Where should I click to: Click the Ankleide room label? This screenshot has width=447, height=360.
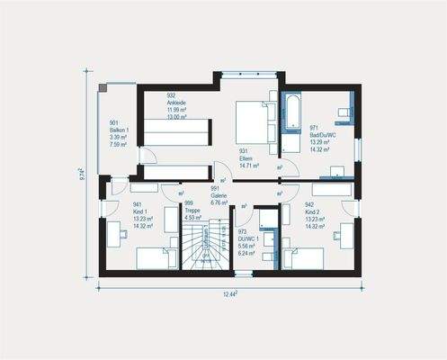(x=175, y=103)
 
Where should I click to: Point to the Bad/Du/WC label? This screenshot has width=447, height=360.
(x=323, y=135)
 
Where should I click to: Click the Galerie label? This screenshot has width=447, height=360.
(x=219, y=196)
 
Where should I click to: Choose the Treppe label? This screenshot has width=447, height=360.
(x=192, y=211)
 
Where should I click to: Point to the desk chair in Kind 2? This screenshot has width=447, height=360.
(x=334, y=238)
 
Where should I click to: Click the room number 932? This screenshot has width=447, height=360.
(x=171, y=94)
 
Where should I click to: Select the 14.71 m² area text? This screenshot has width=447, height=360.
(x=249, y=166)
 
